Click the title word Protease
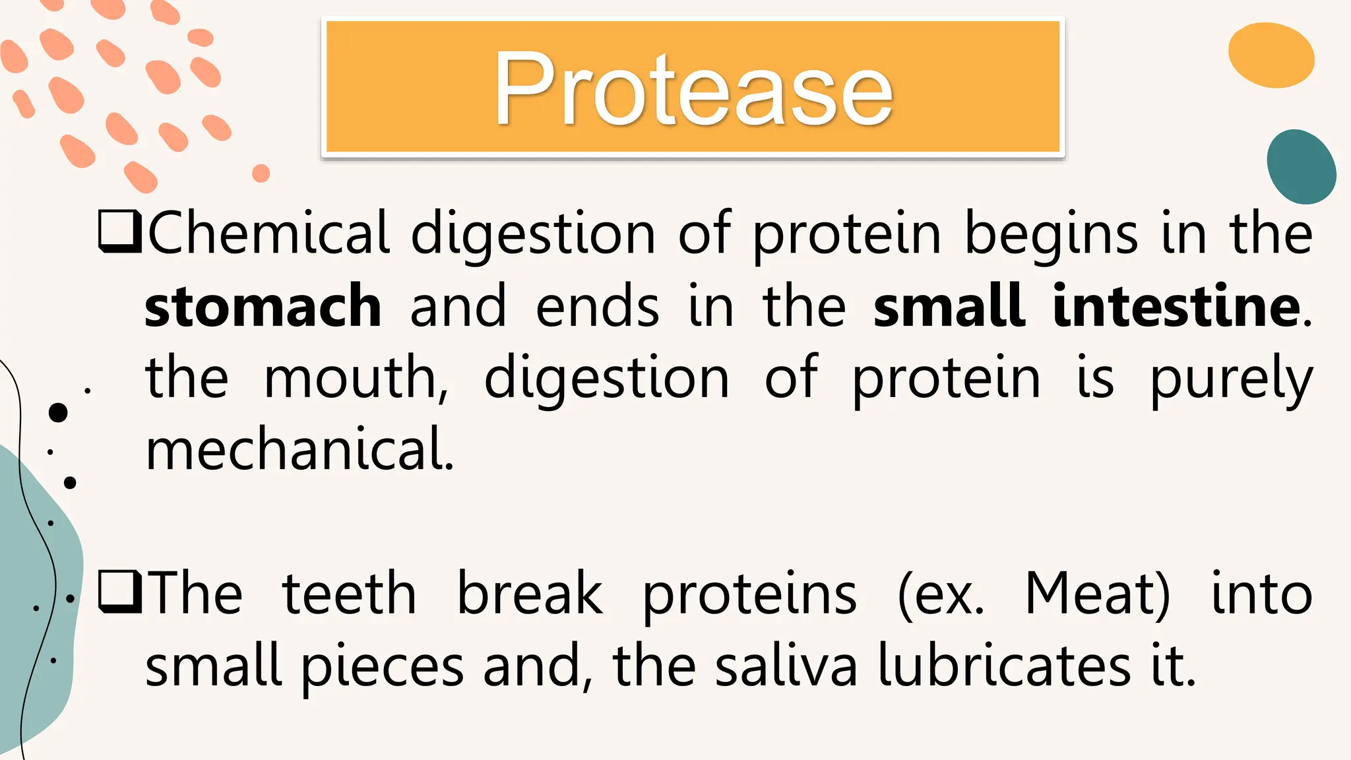click(x=693, y=89)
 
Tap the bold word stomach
click(x=263, y=306)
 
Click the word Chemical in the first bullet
click(x=268, y=234)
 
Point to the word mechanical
click(x=299, y=449)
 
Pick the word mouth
click(x=356, y=378)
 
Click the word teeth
click(x=349, y=594)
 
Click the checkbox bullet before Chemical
click(x=119, y=232)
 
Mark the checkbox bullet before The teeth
click(x=119, y=592)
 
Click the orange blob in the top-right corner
click(x=1271, y=56)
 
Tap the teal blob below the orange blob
click(x=1301, y=167)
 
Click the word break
click(x=530, y=594)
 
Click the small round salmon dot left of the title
click(x=261, y=174)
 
